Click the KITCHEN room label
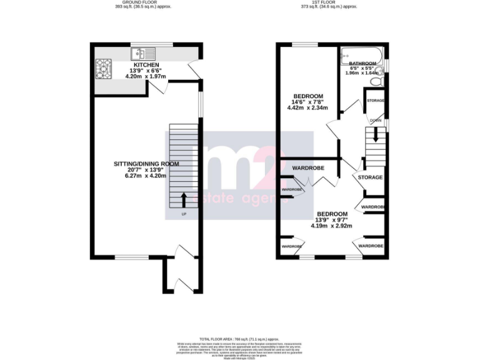pyautogui.click(x=145, y=65)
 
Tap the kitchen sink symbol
pyautogui.click(x=139, y=53)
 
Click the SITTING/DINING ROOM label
pyautogui.click(x=146, y=164)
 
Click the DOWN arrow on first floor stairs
pyautogui.click(x=375, y=134)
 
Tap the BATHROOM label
pyautogui.click(x=362, y=64)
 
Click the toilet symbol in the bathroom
pyautogui.click(x=382, y=81)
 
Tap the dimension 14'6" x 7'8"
pyautogui.click(x=308, y=102)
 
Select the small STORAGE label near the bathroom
pyautogui.click(x=375, y=101)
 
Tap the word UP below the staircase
pyautogui.click(x=184, y=215)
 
